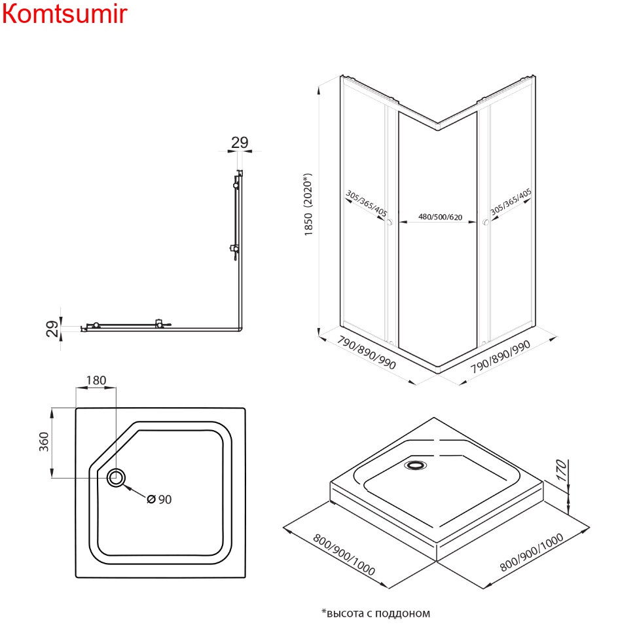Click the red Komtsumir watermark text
63,14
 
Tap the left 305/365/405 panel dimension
367,204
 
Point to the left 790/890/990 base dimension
367,354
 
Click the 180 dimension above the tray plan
96,380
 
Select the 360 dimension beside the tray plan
44,443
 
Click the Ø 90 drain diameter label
159,499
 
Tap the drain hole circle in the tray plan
117,478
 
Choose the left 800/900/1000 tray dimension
344,556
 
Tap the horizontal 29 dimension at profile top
240,143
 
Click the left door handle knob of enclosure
390,223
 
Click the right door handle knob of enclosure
485,223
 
